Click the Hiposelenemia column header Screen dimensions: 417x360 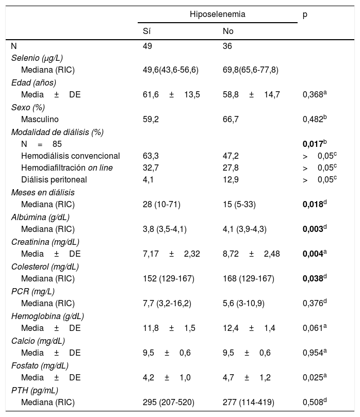click(217, 14)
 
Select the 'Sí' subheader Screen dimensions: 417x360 click(147, 31)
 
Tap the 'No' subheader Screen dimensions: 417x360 click(228, 31)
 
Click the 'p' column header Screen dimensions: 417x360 click(305, 14)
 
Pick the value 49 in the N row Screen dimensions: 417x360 click(148, 46)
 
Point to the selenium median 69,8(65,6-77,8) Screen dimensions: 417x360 click(250, 70)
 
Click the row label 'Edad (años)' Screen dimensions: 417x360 click(34, 82)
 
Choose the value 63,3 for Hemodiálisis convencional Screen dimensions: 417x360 click(150, 156)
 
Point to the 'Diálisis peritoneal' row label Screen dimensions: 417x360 click(54, 180)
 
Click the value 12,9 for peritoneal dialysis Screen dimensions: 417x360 click(230, 180)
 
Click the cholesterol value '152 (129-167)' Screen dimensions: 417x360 click(168, 278)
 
